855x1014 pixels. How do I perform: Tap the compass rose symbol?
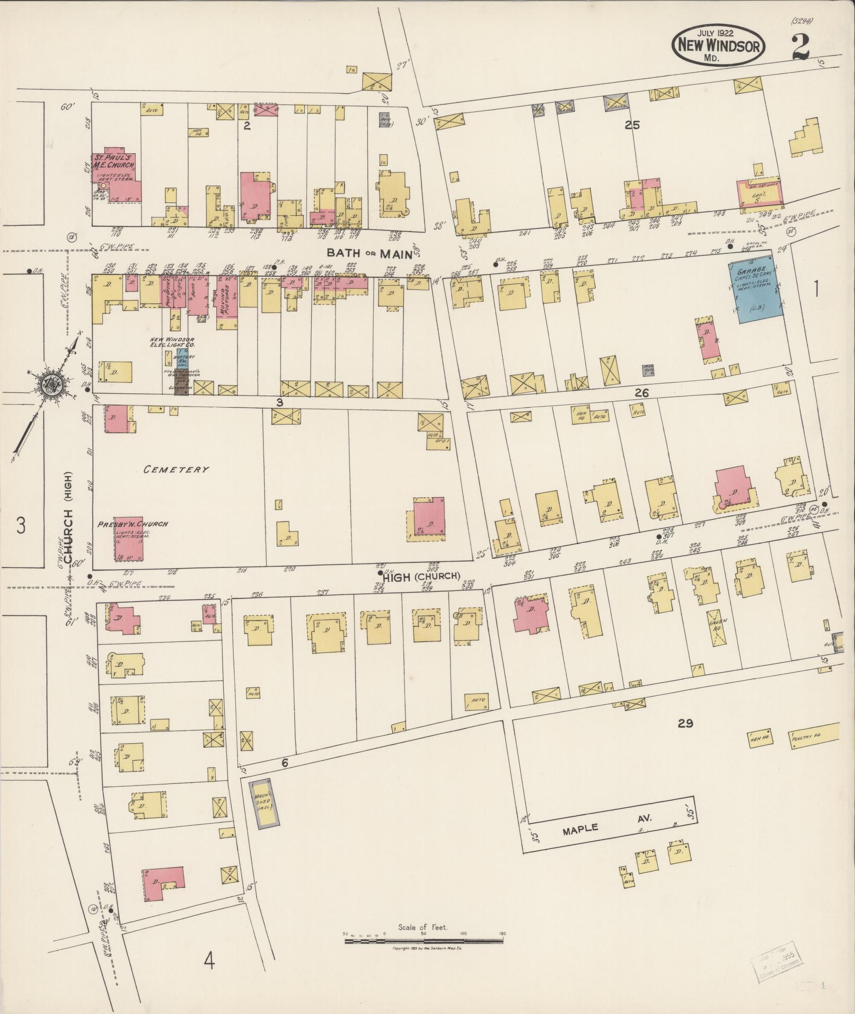pyautogui.click(x=50, y=384)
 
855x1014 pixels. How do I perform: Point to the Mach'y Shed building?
pyautogui.click(x=263, y=804)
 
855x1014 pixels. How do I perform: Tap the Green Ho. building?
pyautogui.click(x=717, y=628)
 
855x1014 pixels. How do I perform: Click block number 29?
pyautogui.click(x=685, y=724)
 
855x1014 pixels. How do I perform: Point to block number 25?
pyautogui.click(x=632, y=125)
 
